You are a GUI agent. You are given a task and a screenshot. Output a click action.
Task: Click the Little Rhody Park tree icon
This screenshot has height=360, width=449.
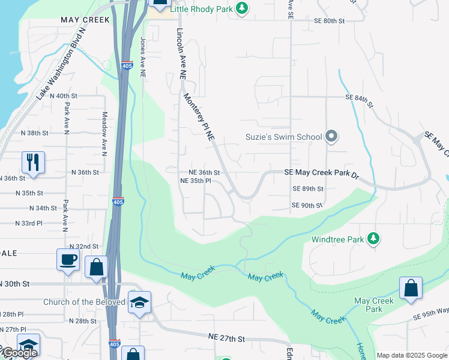pyautogui.click(x=241, y=8)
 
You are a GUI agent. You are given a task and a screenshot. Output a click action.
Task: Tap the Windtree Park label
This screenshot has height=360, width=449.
pyautogui.click(x=338, y=239)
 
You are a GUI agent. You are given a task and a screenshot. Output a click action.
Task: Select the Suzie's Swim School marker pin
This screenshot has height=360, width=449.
pyautogui.click(x=331, y=137)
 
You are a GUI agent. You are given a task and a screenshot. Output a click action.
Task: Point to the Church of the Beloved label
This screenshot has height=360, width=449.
pyautogui.click(x=84, y=302)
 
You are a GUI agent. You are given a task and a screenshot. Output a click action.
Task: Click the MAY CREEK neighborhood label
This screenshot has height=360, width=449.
pyautogui.click(x=85, y=20)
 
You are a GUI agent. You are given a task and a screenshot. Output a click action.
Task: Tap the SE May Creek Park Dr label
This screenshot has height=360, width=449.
pyautogui.click(x=321, y=173)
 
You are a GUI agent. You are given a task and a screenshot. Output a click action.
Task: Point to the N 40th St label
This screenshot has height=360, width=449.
pyautogui.click(x=64, y=96)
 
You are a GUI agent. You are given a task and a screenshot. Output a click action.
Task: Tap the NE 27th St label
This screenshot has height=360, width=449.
pyautogui.click(x=226, y=338)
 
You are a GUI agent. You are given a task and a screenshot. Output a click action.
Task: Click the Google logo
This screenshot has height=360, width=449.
pyautogui.click(x=19, y=352)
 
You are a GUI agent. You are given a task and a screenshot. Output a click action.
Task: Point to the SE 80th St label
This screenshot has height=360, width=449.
pyautogui.click(x=330, y=20)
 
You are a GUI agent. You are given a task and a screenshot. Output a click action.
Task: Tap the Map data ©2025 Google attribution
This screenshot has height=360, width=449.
pyautogui.click(x=411, y=355)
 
